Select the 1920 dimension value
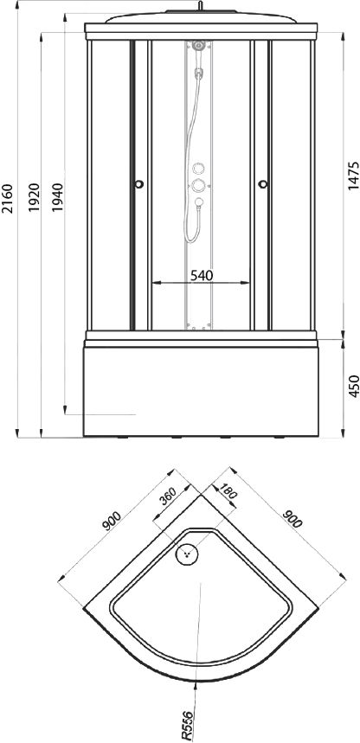[34, 197]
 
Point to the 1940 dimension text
[57, 197]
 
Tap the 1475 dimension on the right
[353, 176]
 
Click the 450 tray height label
[353, 387]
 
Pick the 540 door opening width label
[202, 275]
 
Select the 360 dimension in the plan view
[168, 496]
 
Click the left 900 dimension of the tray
[112, 522]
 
